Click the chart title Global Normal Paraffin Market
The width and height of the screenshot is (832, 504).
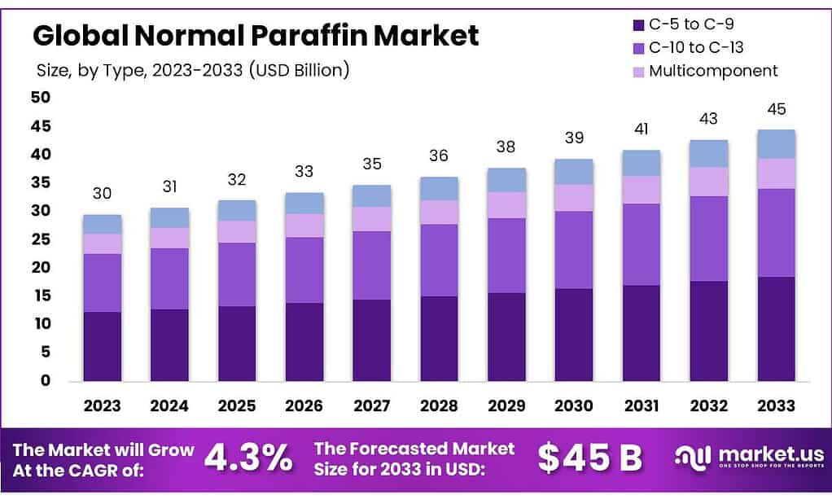(256, 35)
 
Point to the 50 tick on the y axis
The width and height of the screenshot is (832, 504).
(40, 98)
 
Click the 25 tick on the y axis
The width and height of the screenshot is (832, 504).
(40, 239)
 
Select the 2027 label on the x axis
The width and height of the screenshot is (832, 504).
(371, 405)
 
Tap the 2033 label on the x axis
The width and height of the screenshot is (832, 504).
(776, 405)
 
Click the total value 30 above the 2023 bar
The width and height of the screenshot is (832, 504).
(102, 194)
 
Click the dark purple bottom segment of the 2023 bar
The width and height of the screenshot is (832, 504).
(102, 346)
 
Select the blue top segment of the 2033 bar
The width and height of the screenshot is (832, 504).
(776, 144)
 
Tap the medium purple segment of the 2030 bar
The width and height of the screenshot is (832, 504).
(574, 250)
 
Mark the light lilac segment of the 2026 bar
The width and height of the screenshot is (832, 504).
(304, 226)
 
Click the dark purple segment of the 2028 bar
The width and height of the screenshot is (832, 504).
(439, 338)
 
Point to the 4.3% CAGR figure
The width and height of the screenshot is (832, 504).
(248, 458)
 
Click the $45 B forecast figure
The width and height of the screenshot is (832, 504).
(589, 458)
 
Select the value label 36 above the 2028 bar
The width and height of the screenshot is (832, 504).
(439, 156)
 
